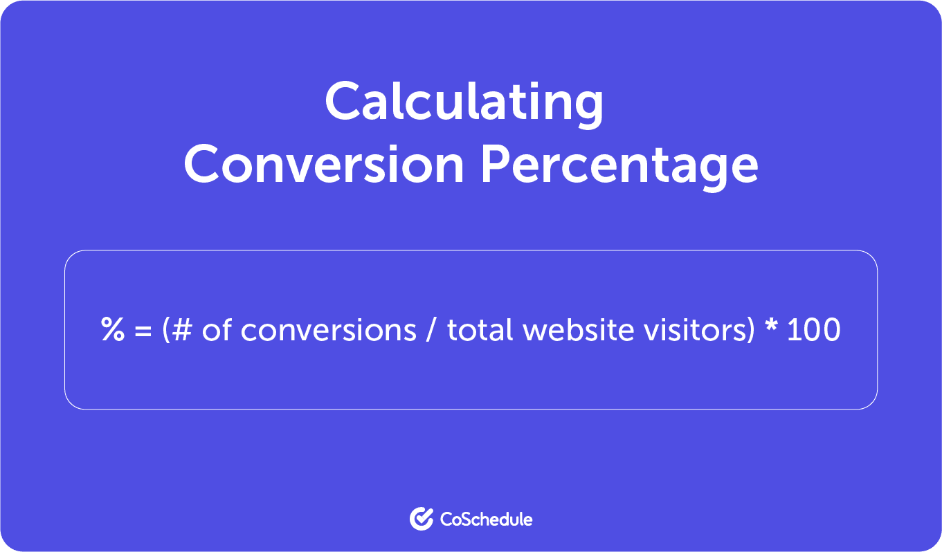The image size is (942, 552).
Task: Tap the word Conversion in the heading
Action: tap(324, 165)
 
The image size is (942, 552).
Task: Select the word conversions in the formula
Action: tap(328, 330)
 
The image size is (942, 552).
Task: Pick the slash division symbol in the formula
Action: tap(431, 331)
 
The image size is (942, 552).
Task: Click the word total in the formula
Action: tap(480, 330)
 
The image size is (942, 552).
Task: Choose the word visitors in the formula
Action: tap(689, 330)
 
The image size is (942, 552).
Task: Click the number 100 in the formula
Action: tap(813, 330)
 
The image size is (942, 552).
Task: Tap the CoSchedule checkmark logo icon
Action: tap(421, 518)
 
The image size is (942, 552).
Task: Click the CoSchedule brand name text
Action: tap(486, 519)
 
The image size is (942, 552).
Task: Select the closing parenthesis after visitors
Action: tap(749, 331)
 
